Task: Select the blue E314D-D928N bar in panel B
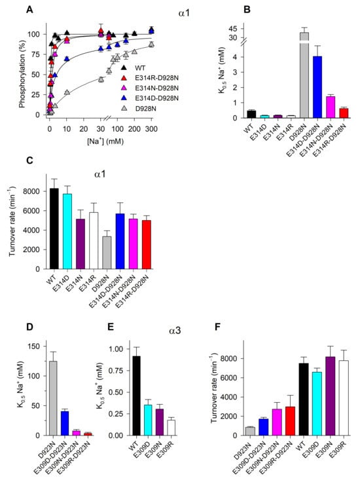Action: tap(317, 87)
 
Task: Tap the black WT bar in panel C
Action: tap(54, 229)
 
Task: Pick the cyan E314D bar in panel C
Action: tap(67, 231)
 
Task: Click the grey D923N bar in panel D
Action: tap(53, 398)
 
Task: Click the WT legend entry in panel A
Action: tap(134, 68)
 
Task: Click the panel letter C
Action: tap(29, 160)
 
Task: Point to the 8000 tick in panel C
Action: tap(32, 191)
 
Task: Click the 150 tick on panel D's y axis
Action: tap(35, 346)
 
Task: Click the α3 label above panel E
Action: tap(175, 331)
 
